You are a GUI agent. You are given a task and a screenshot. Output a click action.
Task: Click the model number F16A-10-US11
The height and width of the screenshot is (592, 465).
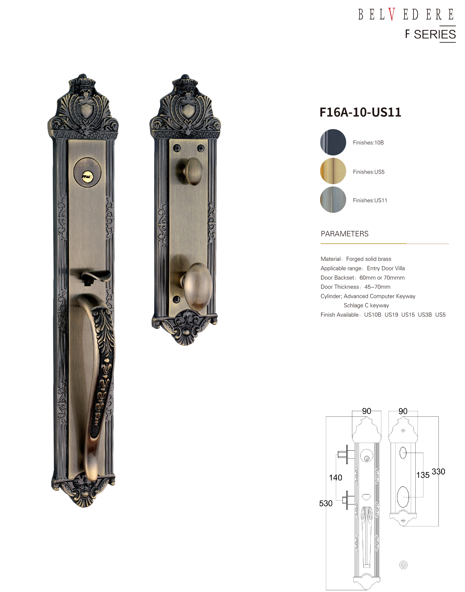[360, 112]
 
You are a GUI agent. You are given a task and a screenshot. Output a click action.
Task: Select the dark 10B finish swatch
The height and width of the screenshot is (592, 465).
[333, 142]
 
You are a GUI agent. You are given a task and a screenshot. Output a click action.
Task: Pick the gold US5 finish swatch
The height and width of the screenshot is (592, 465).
[333, 171]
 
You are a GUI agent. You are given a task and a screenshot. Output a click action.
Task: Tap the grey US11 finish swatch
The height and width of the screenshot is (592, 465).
[333, 200]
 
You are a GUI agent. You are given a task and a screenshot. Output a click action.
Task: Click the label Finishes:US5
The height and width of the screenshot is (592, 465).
[369, 172]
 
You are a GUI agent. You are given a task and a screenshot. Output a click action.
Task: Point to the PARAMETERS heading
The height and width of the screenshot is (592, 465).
[344, 234]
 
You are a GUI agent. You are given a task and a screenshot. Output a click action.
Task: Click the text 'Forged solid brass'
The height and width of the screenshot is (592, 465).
[369, 259]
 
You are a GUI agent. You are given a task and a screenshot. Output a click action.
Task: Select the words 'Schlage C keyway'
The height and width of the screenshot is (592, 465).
[366, 305]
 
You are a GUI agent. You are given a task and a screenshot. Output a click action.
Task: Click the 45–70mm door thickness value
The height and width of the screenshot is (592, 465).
[377, 287]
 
